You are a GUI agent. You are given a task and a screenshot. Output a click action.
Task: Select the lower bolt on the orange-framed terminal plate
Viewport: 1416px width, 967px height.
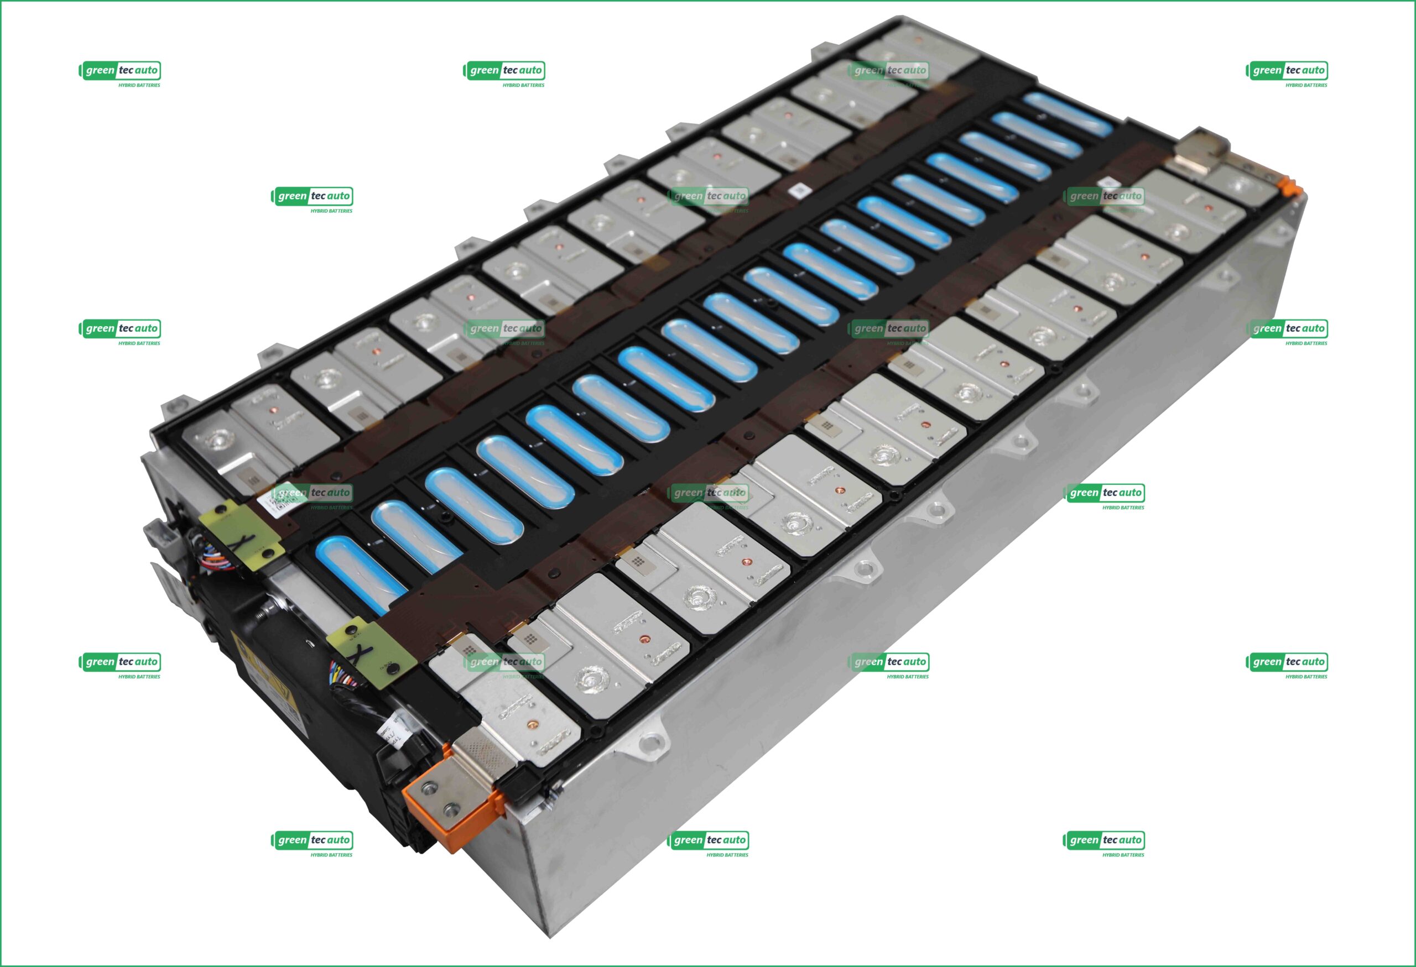coord(451,811)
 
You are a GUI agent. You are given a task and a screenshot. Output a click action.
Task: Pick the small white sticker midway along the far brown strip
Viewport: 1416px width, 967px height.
coord(797,191)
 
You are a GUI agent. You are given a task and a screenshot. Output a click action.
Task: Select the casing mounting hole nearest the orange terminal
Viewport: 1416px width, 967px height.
coord(650,741)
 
